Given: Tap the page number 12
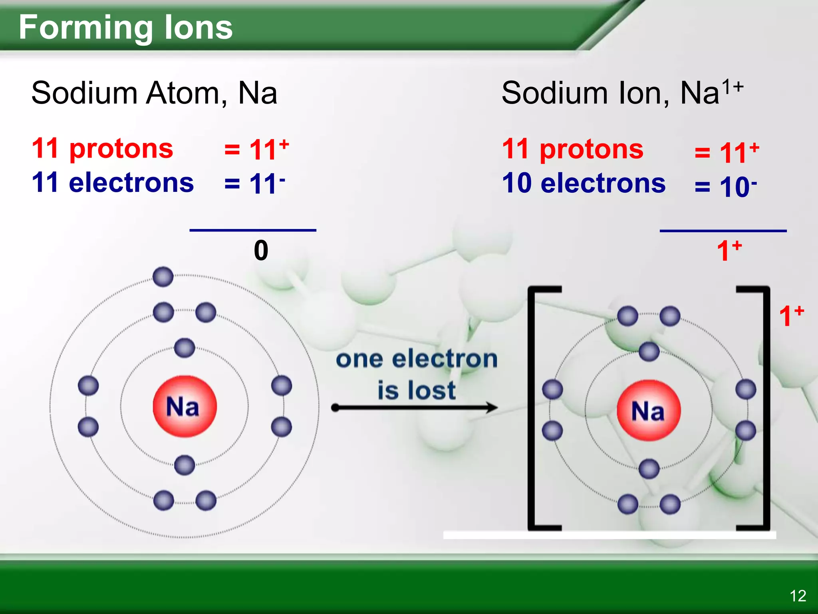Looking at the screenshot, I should tap(798, 596).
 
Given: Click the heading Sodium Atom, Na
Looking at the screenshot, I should tap(154, 93).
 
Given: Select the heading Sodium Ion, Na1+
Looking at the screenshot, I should tap(621, 93).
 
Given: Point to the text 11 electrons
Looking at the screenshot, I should tap(113, 182).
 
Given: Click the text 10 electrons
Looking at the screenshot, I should tap(584, 183).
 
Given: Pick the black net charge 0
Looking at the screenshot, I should tap(261, 251).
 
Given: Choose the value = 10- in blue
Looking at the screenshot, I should tap(725, 187).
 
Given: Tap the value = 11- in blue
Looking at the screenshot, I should tap(254, 183).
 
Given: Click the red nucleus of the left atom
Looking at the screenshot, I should tap(185, 406).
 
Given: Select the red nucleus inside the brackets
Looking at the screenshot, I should tap(648, 410).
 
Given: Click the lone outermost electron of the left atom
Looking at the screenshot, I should tap(163, 277).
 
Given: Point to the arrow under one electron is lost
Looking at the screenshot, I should tap(415, 408).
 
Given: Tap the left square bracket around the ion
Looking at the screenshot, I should tap(533, 408).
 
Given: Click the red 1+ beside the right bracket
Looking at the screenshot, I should tap(791, 316).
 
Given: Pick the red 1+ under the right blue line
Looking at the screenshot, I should tap(729, 251).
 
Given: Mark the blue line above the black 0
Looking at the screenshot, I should tap(253, 230).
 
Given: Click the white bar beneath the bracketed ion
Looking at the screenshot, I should tap(610, 535).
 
